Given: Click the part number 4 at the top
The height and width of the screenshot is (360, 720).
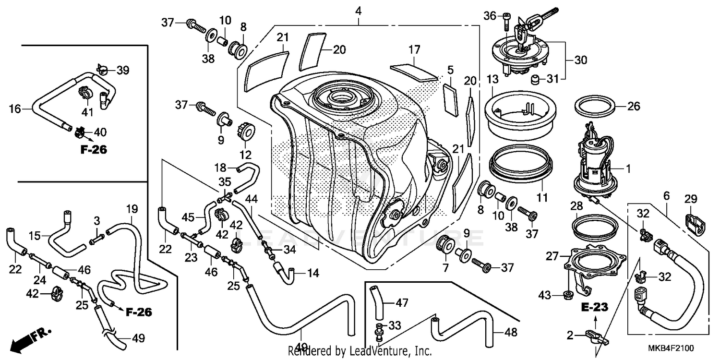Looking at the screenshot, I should [x=359, y=10].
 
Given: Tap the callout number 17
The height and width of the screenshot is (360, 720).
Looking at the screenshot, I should [x=414, y=49].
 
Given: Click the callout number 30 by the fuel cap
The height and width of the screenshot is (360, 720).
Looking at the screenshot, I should [x=580, y=60].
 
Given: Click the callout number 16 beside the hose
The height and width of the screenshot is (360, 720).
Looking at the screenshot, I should [x=14, y=109].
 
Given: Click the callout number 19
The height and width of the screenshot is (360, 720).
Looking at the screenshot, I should [x=132, y=209].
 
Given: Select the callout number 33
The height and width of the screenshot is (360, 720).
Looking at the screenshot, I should [x=395, y=325].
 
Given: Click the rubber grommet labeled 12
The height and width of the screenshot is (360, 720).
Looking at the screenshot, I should [x=245, y=131].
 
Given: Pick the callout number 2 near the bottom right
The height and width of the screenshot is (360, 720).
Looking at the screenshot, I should [x=570, y=335].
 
